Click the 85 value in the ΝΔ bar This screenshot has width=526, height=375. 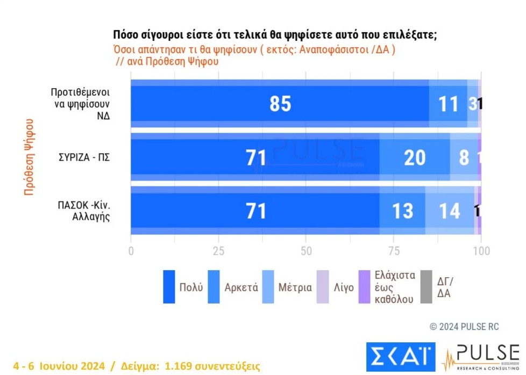pyautogui.click(x=280, y=104)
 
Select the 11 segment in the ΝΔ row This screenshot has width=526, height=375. pyautogui.click(x=448, y=104)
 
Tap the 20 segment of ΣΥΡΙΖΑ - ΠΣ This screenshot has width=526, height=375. pyautogui.click(x=414, y=158)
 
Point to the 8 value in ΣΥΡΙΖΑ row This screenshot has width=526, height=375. pyautogui.click(x=464, y=158)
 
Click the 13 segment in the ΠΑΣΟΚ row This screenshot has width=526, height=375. pyautogui.click(x=402, y=211)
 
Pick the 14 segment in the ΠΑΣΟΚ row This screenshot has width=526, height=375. pyautogui.click(x=449, y=211)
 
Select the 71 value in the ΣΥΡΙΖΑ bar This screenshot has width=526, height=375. pyautogui.click(x=256, y=158)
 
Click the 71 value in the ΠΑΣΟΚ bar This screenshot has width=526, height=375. pyautogui.click(x=256, y=211)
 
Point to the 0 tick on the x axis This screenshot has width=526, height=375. pyautogui.click(x=131, y=251)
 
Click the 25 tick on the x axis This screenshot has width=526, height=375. pyautogui.click(x=218, y=251)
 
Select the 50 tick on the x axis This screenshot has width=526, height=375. pyautogui.click(x=305, y=251)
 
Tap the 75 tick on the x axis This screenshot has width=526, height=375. pyautogui.click(x=393, y=251)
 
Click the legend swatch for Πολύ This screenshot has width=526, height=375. pyautogui.click(x=169, y=287)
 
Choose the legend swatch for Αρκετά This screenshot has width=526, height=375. pyautogui.click(x=214, y=287)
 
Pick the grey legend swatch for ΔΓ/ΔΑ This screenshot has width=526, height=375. pyautogui.click(x=426, y=287)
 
